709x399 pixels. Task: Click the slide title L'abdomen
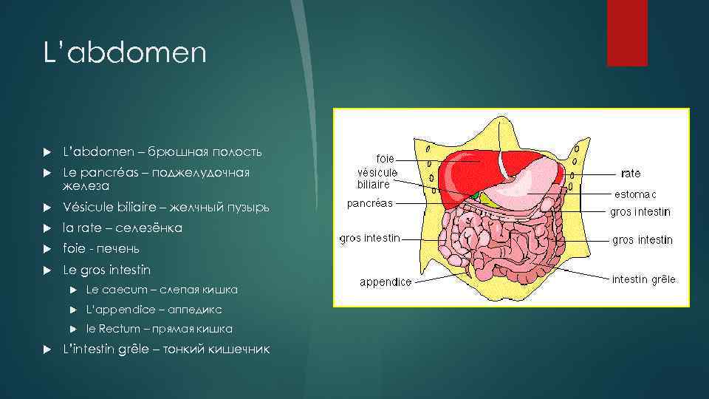tap(124, 53)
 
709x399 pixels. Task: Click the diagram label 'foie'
tap(385, 158)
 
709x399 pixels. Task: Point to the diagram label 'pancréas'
tap(370, 203)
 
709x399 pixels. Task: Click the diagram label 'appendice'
tap(386, 282)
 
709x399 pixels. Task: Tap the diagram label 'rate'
tap(631, 173)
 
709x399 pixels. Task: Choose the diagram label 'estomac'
tap(634, 194)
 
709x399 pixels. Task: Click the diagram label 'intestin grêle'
tap(643, 279)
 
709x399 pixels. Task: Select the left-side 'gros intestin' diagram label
tap(369, 238)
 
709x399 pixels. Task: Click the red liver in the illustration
tap(465, 166)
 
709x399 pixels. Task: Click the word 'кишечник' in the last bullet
tap(239, 349)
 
